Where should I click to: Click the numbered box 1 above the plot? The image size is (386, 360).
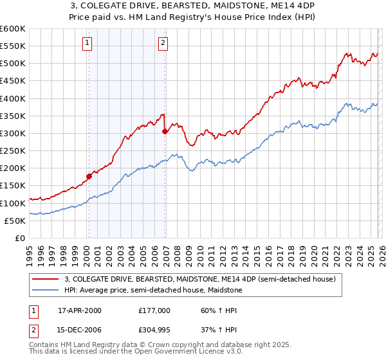(x=87, y=43)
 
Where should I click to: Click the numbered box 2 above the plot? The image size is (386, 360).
(x=163, y=43)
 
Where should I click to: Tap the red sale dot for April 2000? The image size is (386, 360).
(x=89, y=176)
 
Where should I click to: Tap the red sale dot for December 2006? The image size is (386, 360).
(x=165, y=131)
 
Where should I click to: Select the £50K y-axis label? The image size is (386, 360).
(x=15, y=221)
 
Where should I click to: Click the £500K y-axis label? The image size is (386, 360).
(x=13, y=64)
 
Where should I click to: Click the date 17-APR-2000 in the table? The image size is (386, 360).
(x=80, y=310)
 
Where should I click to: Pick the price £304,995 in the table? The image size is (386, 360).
(x=154, y=329)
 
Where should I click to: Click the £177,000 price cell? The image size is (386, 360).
(x=154, y=310)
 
